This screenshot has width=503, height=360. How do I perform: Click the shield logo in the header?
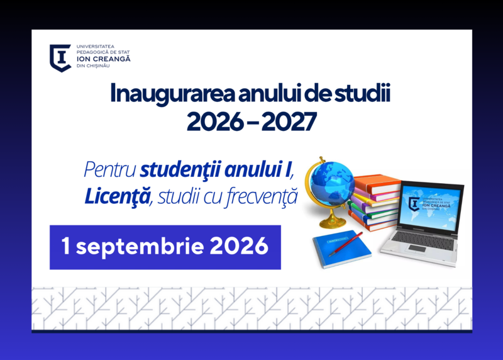pyautogui.click(x=60, y=58)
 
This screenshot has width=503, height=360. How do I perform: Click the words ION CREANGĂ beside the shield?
pyautogui.click(x=103, y=59)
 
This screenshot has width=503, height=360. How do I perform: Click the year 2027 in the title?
pyautogui.click(x=289, y=121)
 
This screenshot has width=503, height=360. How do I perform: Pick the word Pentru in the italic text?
pyautogui.click(x=109, y=169)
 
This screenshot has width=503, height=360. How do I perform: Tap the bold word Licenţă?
pyautogui.click(x=118, y=196)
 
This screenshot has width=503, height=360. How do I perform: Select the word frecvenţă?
pyautogui.click(x=261, y=196)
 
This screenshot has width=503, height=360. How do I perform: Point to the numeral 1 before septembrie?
pyautogui.click(x=65, y=245)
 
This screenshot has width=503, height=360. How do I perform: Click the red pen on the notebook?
pyautogui.click(x=345, y=244)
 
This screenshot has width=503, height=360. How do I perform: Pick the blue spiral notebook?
pyautogui.click(x=341, y=249)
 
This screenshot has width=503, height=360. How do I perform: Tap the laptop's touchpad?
pyautogui.click(x=417, y=248)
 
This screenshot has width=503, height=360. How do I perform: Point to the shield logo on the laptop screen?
pyautogui.click(x=414, y=204)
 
